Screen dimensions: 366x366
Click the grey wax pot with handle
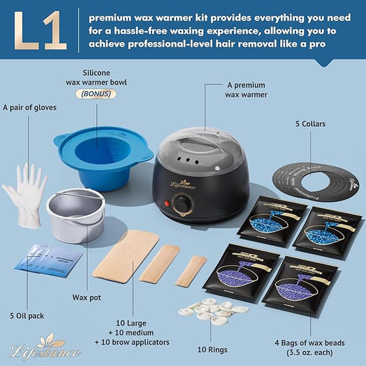(x=76, y=214)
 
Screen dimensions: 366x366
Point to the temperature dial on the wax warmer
(x=182, y=203)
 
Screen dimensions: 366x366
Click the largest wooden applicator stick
(x=126, y=256)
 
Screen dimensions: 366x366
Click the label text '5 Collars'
(x=310, y=124)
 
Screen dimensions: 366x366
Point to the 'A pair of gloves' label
(x=30, y=106)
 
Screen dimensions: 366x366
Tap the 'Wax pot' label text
(x=89, y=298)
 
